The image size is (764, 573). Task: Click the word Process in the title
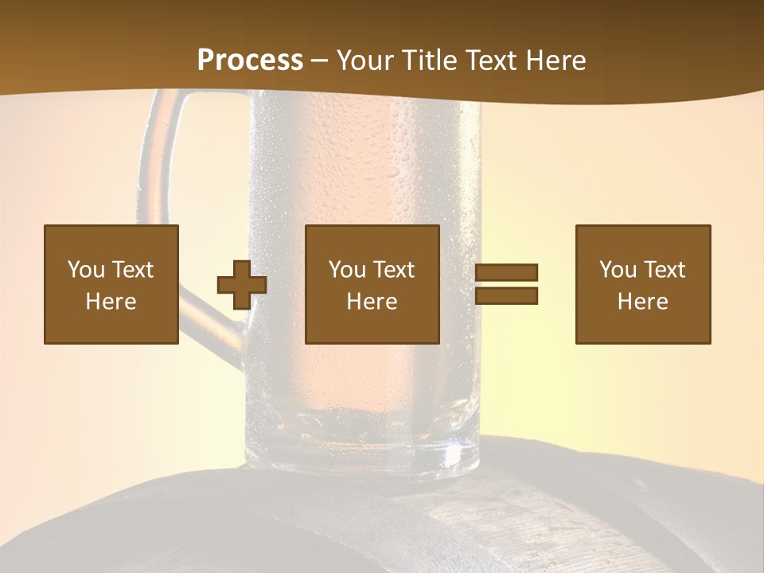[250, 60]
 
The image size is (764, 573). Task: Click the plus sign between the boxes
[242, 285]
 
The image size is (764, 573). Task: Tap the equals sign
[506, 284]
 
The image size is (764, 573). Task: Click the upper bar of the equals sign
[506, 273]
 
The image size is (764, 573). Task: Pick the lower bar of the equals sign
[506, 296]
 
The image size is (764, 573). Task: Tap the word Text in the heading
[489, 60]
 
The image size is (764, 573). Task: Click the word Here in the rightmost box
[643, 302]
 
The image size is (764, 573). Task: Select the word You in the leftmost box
[86, 270]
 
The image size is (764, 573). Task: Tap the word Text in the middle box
[394, 270]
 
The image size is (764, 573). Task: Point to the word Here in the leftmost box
[111, 302]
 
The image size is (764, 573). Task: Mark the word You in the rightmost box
[618, 270]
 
